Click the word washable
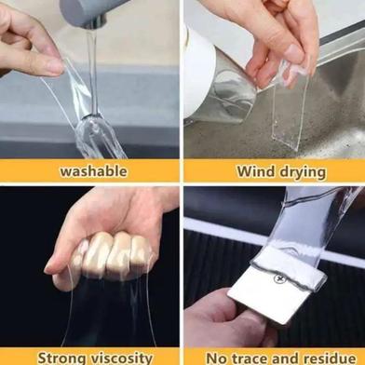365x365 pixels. point(93,171)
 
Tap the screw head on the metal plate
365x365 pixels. point(278,278)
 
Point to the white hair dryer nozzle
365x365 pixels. point(198,74)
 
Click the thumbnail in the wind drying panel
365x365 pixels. point(293,53)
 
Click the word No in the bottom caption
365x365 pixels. point(217,358)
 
